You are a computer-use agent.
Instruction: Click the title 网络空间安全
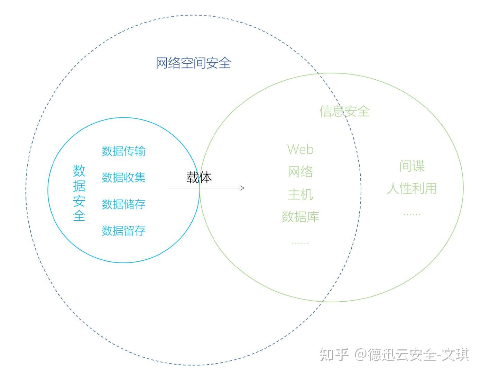point(193,63)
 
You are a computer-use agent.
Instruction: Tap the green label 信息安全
point(344,111)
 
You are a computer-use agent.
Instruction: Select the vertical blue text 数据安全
point(79,193)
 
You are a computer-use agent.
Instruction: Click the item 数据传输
point(123,151)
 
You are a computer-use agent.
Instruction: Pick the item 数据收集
point(123,177)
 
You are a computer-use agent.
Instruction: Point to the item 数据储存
point(123,204)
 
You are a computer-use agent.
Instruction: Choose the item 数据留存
point(123,231)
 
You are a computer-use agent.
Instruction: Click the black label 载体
point(199,177)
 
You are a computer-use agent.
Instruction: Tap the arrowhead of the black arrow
point(243,188)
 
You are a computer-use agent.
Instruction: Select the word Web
point(300,149)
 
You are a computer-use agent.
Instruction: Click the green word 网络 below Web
point(300,172)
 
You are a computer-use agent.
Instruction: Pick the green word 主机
point(300,194)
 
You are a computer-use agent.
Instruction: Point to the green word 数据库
point(300,217)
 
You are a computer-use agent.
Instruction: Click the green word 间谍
point(412,166)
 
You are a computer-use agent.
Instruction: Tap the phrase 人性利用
point(412,188)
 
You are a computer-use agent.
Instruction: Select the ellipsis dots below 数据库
point(300,243)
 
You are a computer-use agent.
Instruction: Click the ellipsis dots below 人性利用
point(412,214)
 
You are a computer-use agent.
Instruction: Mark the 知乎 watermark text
point(334,355)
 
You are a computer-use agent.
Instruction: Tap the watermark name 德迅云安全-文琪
point(418,355)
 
